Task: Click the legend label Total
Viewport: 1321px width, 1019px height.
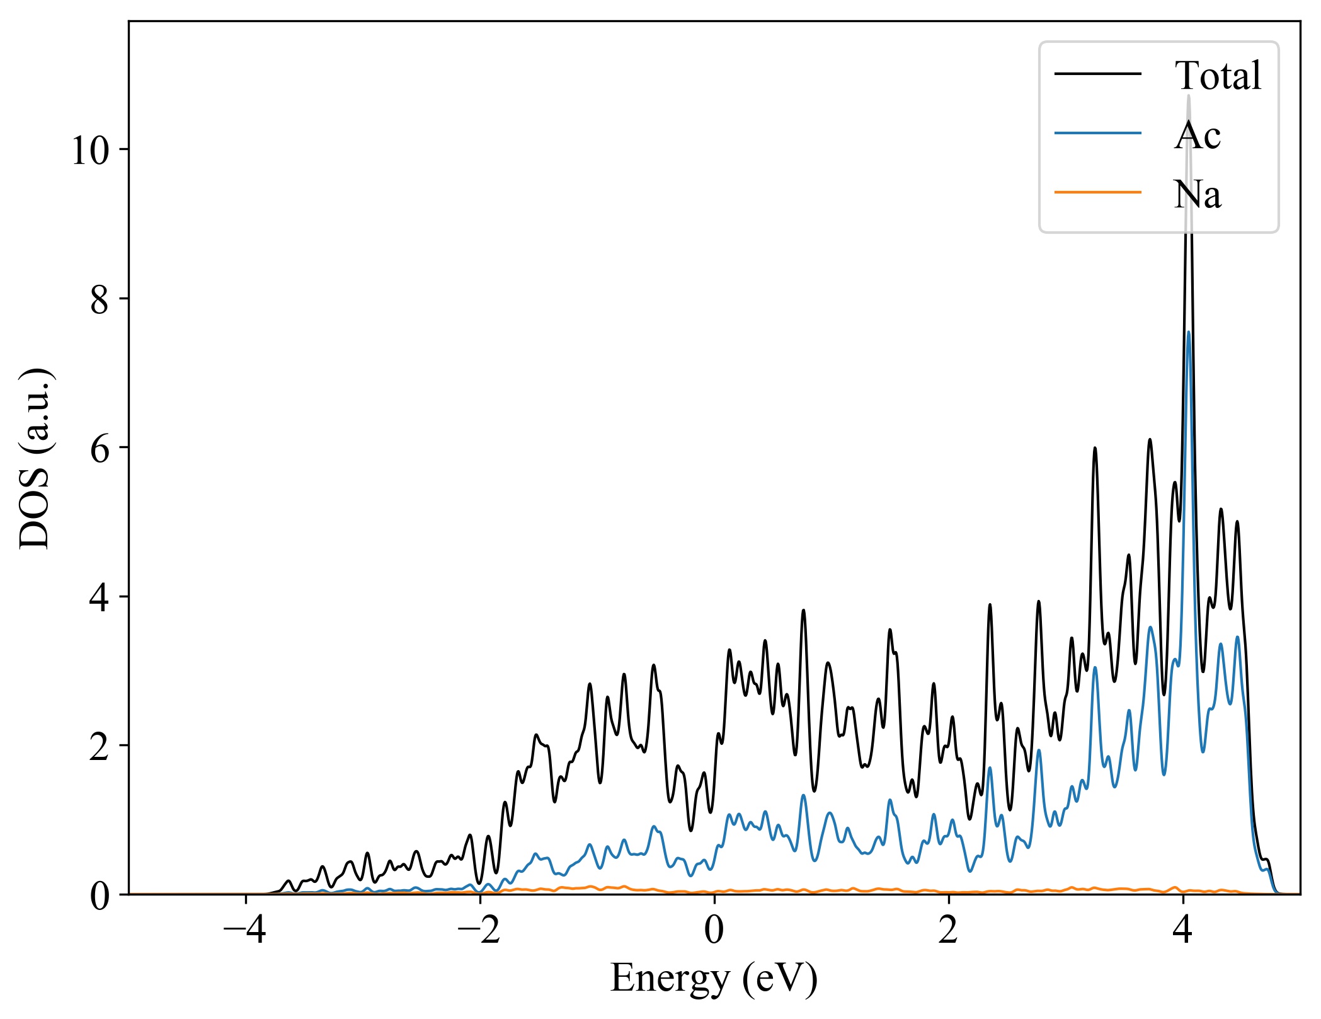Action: coord(1218,76)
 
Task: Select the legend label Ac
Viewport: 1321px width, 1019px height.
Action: coord(1197,135)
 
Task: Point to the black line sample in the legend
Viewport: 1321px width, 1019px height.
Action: coord(1098,74)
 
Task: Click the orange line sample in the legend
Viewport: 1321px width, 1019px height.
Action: coord(1098,192)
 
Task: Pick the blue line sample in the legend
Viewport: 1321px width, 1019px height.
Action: coord(1098,133)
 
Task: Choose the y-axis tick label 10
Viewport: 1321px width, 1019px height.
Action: coord(91,151)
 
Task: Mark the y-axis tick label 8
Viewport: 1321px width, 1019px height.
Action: coord(100,300)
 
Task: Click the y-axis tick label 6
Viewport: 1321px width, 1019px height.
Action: coord(100,449)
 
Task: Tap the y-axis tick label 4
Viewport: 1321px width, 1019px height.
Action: coord(100,597)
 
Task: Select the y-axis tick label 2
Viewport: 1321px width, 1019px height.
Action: coord(100,746)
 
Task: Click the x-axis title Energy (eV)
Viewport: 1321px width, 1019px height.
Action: coord(714,979)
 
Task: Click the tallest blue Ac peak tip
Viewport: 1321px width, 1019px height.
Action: coord(1188,332)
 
